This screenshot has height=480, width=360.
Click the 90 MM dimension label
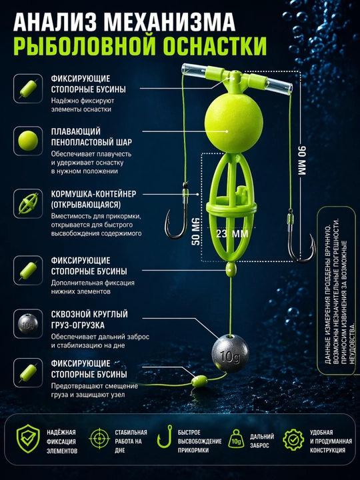point(301,161)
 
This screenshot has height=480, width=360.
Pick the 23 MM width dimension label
point(232,234)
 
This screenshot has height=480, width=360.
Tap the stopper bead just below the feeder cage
point(231,269)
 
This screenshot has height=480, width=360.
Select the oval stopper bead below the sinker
point(199,381)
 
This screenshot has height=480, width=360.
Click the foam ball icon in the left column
point(28,141)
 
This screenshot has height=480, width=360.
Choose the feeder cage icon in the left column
point(28,203)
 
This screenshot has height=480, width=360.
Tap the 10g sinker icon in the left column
point(28,323)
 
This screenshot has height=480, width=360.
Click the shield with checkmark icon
point(28,439)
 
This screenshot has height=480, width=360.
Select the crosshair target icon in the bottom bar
point(99,439)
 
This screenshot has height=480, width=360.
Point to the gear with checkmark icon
point(293,439)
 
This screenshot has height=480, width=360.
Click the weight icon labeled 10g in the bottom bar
point(236,439)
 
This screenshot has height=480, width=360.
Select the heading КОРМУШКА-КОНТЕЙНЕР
point(94,194)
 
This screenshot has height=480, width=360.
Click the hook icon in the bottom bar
point(165,437)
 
